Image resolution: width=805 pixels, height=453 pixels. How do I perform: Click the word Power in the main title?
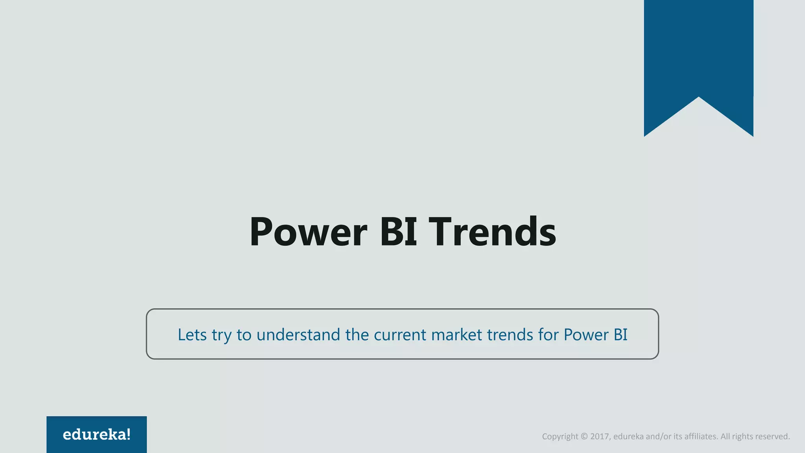pyautogui.click(x=308, y=232)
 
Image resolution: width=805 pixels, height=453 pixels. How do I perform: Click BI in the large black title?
pyautogui.click(x=398, y=232)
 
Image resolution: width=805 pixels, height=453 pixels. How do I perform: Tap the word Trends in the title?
pyautogui.click(x=492, y=232)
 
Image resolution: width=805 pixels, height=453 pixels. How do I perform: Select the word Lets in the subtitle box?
pyautogui.click(x=192, y=335)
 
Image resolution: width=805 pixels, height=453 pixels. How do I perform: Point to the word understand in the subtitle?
pyautogui.click(x=298, y=335)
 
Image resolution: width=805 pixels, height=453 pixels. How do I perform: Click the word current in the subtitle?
pyautogui.click(x=400, y=335)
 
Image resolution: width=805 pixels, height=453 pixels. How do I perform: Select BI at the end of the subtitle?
pyautogui.click(x=620, y=335)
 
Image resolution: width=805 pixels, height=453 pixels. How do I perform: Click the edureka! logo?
pyautogui.click(x=97, y=435)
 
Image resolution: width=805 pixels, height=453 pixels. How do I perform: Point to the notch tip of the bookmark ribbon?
pyautogui.click(x=698, y=98)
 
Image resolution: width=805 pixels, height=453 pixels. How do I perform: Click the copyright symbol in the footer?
pyautogui.click(x=584, y=436)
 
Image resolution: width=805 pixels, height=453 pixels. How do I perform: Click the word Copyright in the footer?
pyautogui.click(x=560, y=436)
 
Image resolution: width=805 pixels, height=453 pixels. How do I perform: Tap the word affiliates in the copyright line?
pyautogui.click(x=701, y=436)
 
